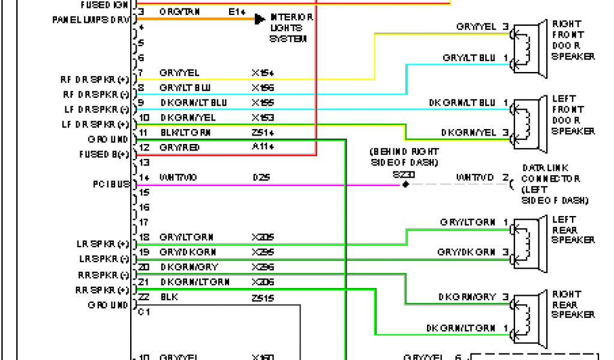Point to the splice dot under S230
pyautogui.click(x=405, y=184)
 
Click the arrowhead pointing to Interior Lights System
pyautogui.click(x=260, y=19)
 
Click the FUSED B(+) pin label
pyautogui.click(x=104, y=154)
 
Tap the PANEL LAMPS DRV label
pyautogui.click(x=91, y=19)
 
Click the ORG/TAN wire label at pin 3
pyautogui.click(x=180, y=12)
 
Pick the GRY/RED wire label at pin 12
pyautogui.click(x=180, y=148)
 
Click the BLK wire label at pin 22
pyautogui.click(x=169, y=298)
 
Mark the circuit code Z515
pyautogui.click(x=263, y=298)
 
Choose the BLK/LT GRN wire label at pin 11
pyautogui.click(x=185, y=133)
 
